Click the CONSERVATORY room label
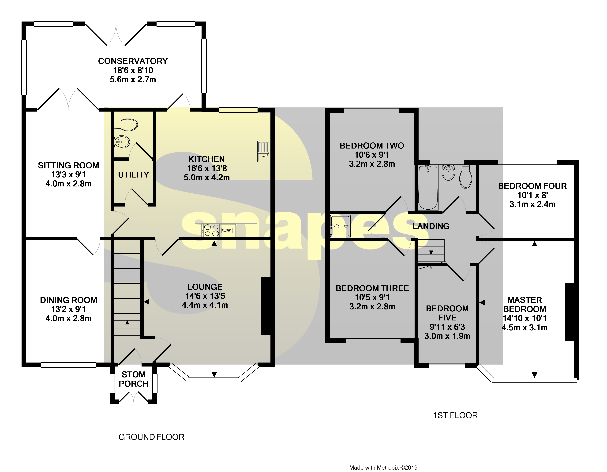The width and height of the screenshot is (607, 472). pyautogui.click(x=133, y=61)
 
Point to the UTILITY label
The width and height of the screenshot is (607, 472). pyautogui.click(x=133, y=175)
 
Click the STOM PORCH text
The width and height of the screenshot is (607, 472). pyautogui.click(x=133, y=379)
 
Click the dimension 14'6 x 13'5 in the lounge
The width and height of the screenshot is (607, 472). pyautogui.click(x=205, y=296)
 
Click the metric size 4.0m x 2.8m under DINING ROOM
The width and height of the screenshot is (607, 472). pyautogui.click(x=68, y=318)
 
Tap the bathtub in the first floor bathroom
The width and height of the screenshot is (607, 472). pyautogui.click(x=428, y=187)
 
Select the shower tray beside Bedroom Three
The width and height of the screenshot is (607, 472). pyautogui.click(x=340, y=226)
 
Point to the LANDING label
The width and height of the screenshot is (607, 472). pyautogui.click(x=431, y=226)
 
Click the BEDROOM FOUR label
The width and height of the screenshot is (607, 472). pyautogui.click(x=532, y=186)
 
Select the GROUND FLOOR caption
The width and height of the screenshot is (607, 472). pyautogui.click(x=151, y=437)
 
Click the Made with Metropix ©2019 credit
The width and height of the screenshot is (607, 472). pyautogui.click(x=383, y=468)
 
